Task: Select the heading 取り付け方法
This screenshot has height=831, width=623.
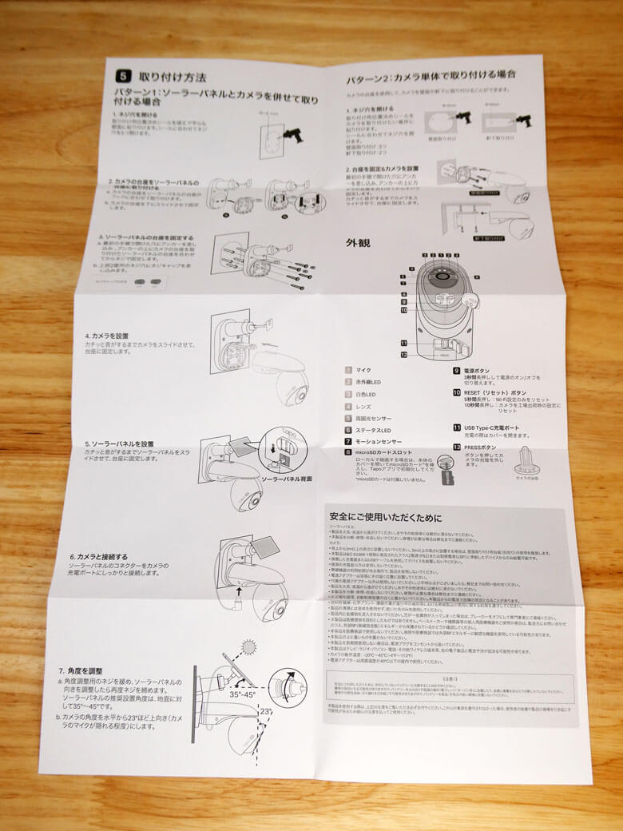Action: click(x=173, y=78)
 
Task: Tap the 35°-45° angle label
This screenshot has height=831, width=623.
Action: click(x=241, y=696)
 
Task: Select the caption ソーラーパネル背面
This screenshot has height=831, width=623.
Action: click(x=287, y=479)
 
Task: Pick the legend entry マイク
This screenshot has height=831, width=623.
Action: click(x=364, y=371)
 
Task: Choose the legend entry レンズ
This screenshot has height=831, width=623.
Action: click(x=366, y=406)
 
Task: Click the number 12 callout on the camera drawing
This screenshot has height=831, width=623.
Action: click(x=405, y=354)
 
